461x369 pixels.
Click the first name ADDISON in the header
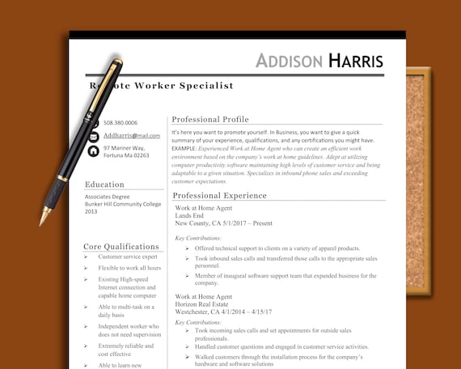pos(289,61)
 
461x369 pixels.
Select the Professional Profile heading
pos(210,119)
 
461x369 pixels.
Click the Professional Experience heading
pos(219,195)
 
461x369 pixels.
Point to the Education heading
pos(104,184)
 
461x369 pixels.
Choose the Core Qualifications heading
pos(121,246)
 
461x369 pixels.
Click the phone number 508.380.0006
pos(121,122)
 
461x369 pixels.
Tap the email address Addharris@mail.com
pos(132,136)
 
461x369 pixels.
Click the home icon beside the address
pos(93,151)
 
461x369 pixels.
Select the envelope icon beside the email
pos(93,137)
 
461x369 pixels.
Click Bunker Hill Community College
pos(123,204)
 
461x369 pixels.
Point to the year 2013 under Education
pos(91,212)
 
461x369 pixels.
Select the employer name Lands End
pos(190,215)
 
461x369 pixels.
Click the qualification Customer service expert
pos(128,257)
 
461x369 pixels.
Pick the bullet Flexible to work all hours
pos(129,268)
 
